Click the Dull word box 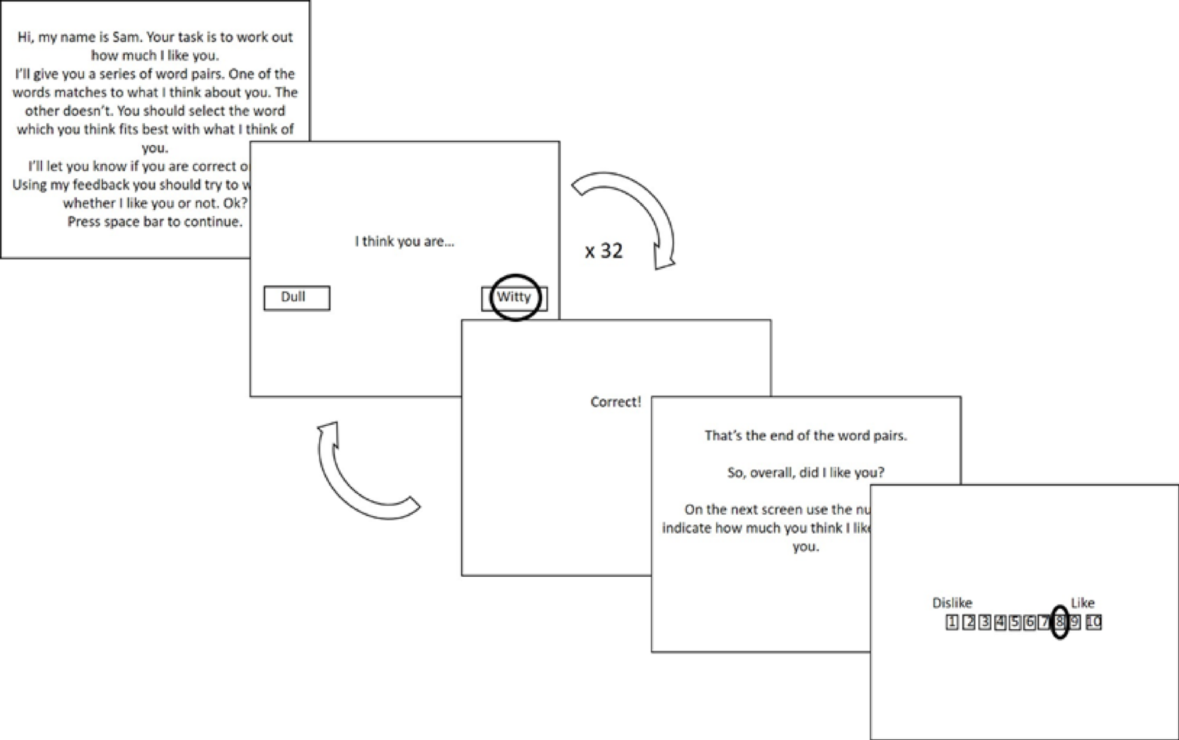tap(297, 298)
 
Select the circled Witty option tap(515, 297)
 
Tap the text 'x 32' tap(604, 251)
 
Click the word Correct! tap(615, 402)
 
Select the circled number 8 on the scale tap(1059, 622)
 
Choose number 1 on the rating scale tap(951, 622)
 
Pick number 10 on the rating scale tap(1094, 622)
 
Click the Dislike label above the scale tap(951, 603)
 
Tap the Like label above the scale tap(1082, 603)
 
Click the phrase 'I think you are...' tap(405, 242)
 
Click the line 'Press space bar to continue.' tap(155, 222)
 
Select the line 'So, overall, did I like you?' tap(806, 473)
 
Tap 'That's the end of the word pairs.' tap(806, 436)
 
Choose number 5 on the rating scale tap(1015, 622)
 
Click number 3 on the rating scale tap(985, 622)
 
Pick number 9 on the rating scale tap(1075, 622)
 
